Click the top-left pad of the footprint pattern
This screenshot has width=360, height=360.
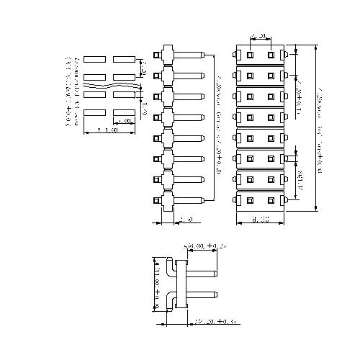pyautogui.click(x=95, y=59)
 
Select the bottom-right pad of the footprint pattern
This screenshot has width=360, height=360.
pyautogui.click(x=124, y=112)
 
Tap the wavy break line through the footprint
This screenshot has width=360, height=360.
pyautogui.click(x=108, y=86)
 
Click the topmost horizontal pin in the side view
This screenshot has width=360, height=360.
pyautogui.click(x=189, y=54)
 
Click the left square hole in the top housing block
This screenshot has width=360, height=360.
pyautogui.click(x=249, y=54)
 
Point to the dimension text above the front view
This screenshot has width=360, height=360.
pyautogui.click(x=260, y=35)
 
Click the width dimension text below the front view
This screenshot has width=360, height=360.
pyautogui.click(x=260, y=219)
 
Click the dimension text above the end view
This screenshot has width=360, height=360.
pyautogui.click(x=207, y=247)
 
